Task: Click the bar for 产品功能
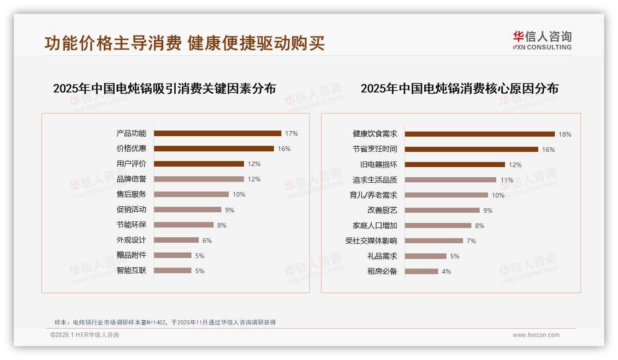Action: [217, 133]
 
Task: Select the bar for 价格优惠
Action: [214, 149]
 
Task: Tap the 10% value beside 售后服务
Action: [239, 194]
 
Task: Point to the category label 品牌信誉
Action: [131, 179]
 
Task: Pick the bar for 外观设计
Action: [176, 240]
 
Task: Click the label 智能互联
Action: [131, 270]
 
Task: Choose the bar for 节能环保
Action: [184, 225]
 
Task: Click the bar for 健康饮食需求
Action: [480, 134]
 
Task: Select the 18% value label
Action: [565, 134]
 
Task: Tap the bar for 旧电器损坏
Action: [455, 164]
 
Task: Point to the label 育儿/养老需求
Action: [374, 195]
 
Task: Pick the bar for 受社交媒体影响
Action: [434, 240]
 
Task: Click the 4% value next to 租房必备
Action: [446, 271]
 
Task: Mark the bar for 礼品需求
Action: [426, 256]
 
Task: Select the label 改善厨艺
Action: [382, 210]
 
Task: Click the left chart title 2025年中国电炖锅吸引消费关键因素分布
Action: [164, 89]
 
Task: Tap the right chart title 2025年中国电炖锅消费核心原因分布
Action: [459, 89]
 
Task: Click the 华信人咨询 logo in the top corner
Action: [542, 40]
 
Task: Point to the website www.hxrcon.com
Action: [536, 335]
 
